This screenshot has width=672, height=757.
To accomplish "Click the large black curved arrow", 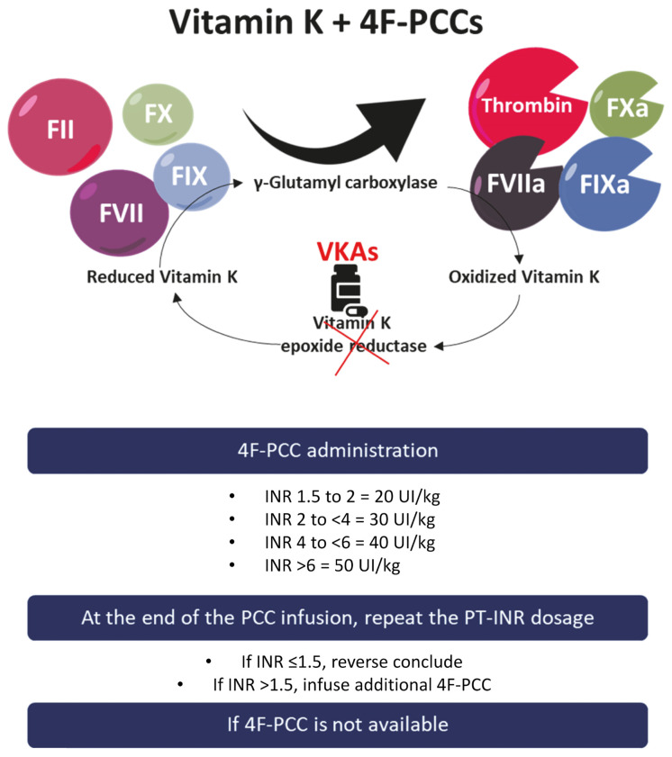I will coord(333,131).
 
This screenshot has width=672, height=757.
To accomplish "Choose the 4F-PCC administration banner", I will coord(336,450).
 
